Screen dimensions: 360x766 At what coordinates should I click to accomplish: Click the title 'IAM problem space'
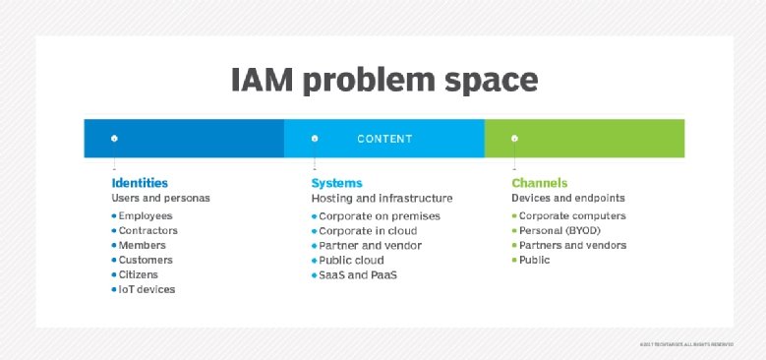tap(384, 80)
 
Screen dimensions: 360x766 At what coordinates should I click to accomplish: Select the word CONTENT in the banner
tap(384, 139)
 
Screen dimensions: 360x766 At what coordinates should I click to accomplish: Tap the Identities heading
tap(140, 183)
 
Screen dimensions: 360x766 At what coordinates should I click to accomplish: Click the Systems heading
tap(337, 183)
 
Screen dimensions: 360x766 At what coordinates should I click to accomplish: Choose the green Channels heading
tap(539, 183)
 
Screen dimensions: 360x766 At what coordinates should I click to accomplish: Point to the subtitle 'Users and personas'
tap(160, 198)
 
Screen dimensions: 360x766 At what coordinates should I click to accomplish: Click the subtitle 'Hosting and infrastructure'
tap(383, 198)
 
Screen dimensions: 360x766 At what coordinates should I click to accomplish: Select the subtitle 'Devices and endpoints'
tap(568, 198)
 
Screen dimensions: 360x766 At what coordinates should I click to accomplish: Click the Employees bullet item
tap(145, 215)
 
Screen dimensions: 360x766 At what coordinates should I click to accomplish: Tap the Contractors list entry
tap(148, 230)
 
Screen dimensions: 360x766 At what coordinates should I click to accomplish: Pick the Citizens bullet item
tap(139, 274)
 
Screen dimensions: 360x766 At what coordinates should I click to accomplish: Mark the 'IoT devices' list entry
tap(147, 289)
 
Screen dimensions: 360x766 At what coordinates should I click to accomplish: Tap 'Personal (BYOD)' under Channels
tap(561, 230)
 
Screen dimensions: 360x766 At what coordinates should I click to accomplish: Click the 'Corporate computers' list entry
tap(571, 215)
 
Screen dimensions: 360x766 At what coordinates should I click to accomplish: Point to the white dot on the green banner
tap(514, 139)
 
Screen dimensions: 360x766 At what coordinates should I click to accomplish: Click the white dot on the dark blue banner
tap(115, 139)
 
